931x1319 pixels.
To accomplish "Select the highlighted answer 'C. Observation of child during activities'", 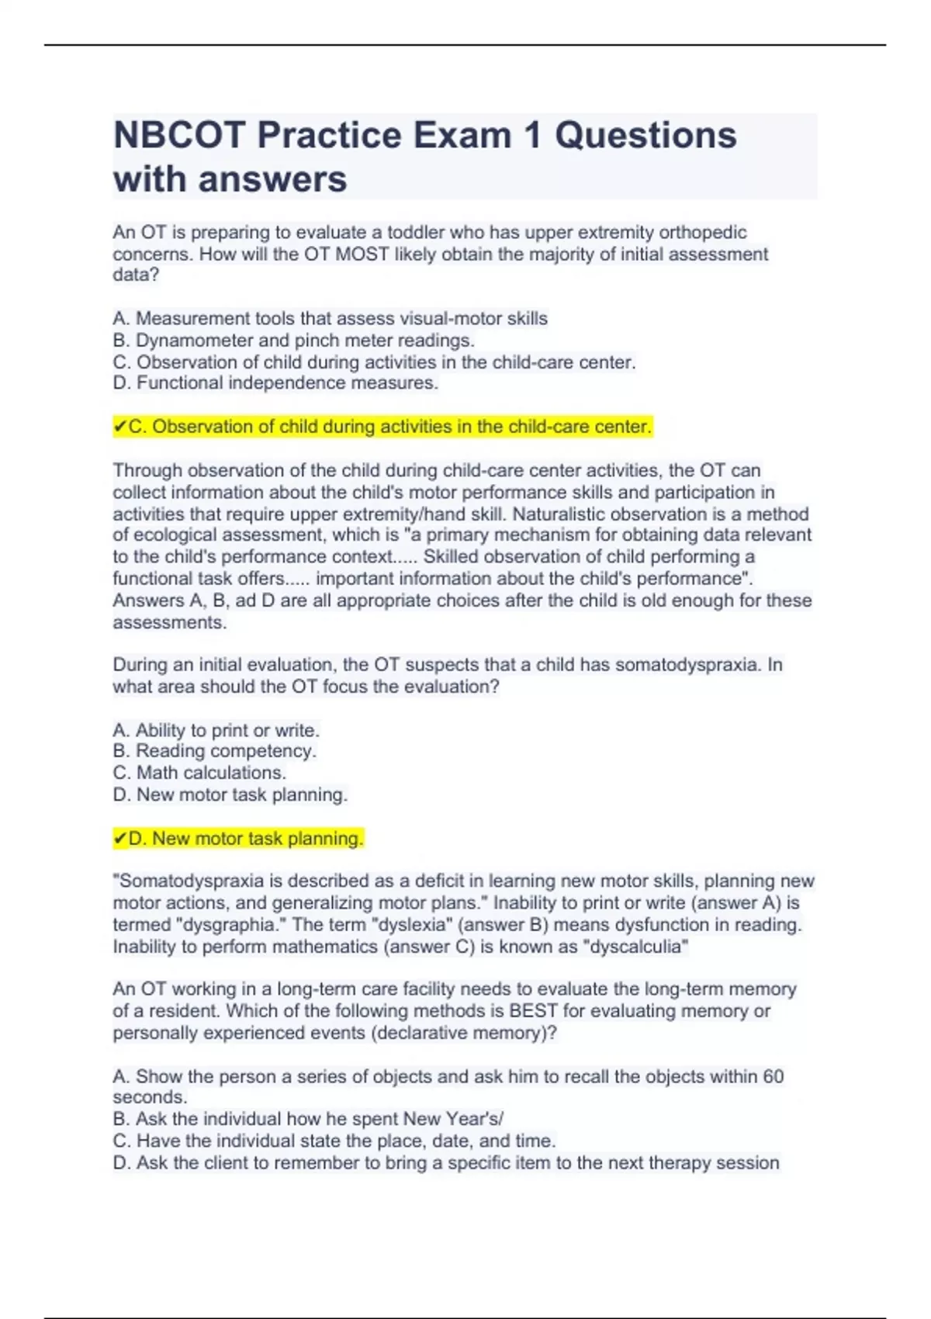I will coord(382,427).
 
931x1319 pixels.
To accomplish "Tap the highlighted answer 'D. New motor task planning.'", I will coord(238,839).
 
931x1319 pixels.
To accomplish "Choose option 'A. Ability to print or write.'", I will coord(216,730).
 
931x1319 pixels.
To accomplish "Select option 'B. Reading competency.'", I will coord(215,751).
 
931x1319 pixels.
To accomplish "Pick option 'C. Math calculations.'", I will coord(200,773).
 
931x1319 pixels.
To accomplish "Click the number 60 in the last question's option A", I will coord(774,1077).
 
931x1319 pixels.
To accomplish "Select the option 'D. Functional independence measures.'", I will coord(275,383).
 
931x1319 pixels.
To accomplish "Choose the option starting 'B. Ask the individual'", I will coord(308,1119).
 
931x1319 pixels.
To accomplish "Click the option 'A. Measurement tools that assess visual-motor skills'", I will coord(330,319).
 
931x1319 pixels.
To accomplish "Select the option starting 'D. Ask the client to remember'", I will coord(446,1163).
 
